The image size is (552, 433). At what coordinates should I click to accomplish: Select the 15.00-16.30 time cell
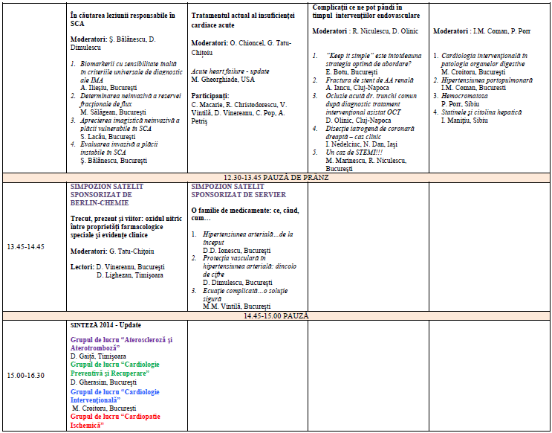(27, 374)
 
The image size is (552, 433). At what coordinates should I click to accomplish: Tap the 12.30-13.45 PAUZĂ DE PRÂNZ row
(276, 177)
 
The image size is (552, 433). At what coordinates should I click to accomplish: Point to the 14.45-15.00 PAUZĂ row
(276, 316)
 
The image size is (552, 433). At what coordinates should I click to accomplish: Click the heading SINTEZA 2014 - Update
(105, 325)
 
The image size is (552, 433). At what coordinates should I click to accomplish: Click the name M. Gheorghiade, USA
(226, 79)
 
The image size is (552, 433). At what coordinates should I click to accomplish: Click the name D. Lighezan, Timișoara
(130, 275)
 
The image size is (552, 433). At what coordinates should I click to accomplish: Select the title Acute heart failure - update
(229, 71)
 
